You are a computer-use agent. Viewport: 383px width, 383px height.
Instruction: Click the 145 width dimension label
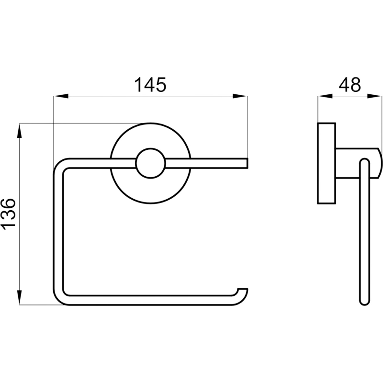click(x=150, y=85)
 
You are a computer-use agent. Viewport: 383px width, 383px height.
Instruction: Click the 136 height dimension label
click(x=9, y=214)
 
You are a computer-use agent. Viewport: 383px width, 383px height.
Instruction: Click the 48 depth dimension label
click(x=349, y=85)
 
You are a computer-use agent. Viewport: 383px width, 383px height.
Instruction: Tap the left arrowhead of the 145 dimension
click(x=61, y=96)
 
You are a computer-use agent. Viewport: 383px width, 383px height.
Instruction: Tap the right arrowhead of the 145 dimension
click(x=240, y=96)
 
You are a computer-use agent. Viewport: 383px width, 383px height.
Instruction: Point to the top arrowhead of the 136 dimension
click(x=20, y=131)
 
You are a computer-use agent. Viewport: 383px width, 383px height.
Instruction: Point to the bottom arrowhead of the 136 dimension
click(x=20, y=297)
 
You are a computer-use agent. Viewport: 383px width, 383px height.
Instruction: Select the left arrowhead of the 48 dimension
click(x=325, y=96)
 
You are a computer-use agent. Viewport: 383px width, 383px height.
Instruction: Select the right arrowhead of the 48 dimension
click(x=374, y=96)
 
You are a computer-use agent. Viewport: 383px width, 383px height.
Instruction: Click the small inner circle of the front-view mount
click(x=150, y=163)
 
